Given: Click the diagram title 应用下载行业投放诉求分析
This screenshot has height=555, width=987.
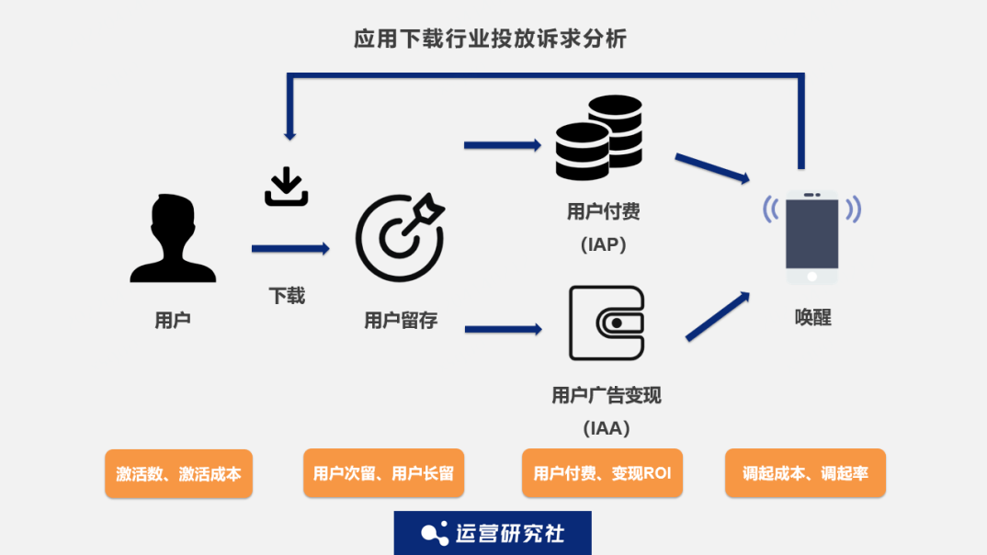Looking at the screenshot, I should [x=491, y=39].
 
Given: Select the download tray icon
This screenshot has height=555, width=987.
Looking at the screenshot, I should [x=286, y=187].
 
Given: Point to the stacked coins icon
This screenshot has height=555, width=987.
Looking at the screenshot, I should [x=598, y=138].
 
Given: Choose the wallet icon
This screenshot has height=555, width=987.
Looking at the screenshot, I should [x=606, y=323].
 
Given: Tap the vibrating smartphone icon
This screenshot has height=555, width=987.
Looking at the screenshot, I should [x=811, y=237].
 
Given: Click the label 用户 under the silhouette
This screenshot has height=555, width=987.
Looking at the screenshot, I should [x=173, y=320].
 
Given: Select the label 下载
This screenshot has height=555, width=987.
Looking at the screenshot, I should [x=287, y=296].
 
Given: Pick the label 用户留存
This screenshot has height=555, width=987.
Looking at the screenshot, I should [x=401, y=320].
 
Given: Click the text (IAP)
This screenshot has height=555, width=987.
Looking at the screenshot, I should [x=604, y=244].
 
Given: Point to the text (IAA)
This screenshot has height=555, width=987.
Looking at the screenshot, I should [x=606, y=428].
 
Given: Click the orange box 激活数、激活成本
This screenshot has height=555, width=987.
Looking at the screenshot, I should [x=178, y=474].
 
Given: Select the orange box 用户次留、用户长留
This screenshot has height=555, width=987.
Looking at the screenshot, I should [x=383, y=473].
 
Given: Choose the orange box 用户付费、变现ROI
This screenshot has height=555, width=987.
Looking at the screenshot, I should [x=602, y=473].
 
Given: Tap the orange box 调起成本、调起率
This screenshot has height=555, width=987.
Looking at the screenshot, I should [x=805, y=473].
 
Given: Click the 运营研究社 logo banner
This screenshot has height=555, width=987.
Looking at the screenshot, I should [x=493, y=533].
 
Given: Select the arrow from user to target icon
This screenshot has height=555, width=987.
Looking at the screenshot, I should [x=289, y=248].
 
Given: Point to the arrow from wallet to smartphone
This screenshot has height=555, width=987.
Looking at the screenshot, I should [x=717, y=316].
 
